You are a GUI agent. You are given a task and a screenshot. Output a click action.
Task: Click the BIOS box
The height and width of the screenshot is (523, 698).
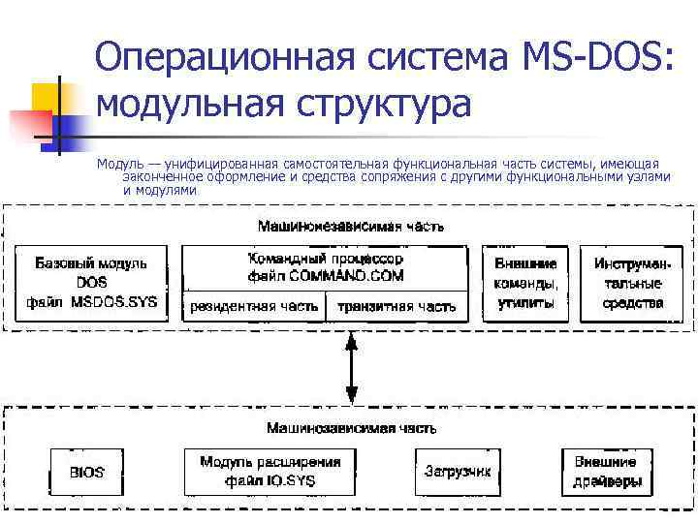click(86, 473)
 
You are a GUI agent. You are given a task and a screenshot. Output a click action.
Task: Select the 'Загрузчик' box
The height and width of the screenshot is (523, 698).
click(458, 472)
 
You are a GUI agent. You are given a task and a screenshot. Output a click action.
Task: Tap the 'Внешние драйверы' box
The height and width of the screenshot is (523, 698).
click(605, 472)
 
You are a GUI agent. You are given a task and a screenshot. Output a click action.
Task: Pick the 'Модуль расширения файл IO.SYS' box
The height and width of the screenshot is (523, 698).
click(270, 472)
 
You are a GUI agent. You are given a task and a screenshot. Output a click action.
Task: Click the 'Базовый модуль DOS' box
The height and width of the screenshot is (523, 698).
click(90, 282)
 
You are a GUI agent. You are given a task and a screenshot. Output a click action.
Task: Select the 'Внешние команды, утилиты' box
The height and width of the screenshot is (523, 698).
click(524, 283)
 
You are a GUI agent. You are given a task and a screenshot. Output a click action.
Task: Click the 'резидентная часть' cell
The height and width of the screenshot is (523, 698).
click(254, 306)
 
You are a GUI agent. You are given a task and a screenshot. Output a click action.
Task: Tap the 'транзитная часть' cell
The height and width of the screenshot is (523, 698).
click(396, 306)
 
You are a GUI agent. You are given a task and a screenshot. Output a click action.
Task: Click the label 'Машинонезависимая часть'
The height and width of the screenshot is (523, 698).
click(350, 227)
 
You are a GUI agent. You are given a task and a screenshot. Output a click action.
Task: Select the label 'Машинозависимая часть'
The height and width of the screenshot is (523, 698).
click(350, 427)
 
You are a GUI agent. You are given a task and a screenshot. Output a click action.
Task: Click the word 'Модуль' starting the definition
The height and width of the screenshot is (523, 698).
click(119, 164)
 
